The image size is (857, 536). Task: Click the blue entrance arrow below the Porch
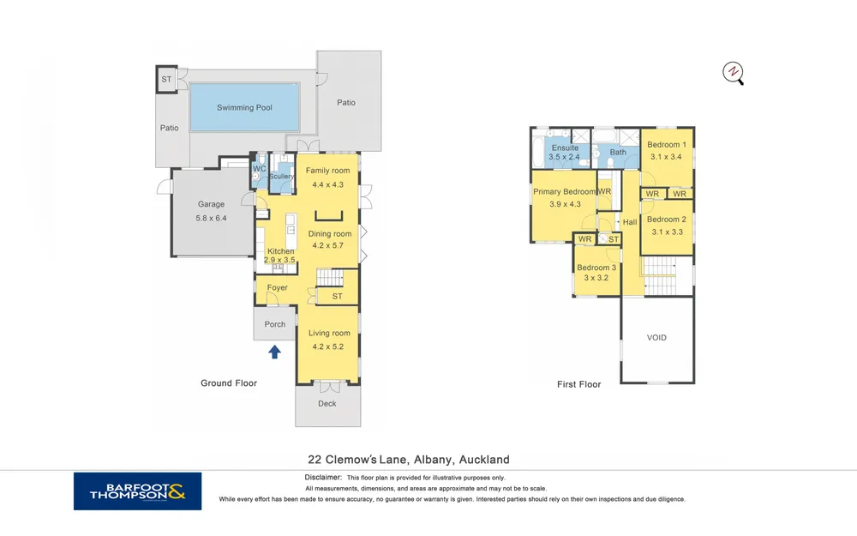click(274, 352)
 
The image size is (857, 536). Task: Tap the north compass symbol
click(733, 73)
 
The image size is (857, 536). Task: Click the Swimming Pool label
click(244, 108)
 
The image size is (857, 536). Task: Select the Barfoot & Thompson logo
click(138, 491)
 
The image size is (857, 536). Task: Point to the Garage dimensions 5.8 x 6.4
click(211, 218)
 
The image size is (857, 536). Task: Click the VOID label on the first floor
click(656, 337)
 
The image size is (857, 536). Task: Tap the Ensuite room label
click(565, 148)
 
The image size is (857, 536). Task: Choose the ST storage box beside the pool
click(166, 79)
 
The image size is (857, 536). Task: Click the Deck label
click(327, 404)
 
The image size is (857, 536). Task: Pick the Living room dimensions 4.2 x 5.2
click(328, 346)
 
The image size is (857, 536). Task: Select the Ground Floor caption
click(229, 382)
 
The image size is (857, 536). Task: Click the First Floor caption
click(578, 384)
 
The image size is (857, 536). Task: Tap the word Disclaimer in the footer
click(322, 478)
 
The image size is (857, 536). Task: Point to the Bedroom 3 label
click(596, 268)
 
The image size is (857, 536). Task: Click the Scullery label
click(281, 176)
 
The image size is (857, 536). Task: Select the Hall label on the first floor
click(630, 222)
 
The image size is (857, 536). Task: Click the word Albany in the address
click(433, 460)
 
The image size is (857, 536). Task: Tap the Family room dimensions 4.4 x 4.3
click(328, 184)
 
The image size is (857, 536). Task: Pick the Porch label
click(275, 324)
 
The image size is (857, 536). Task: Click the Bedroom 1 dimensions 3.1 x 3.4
click(666, 156)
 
